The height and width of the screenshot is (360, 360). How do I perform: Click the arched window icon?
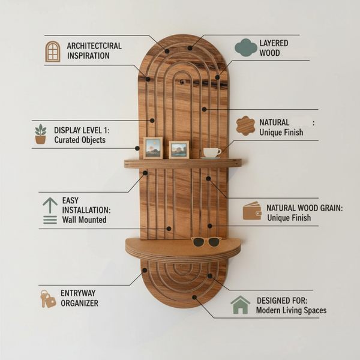(53, 52)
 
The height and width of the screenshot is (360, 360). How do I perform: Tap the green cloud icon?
(245, 47)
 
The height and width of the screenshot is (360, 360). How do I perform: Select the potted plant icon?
(40, 134)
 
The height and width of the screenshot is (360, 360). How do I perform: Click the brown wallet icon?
(252, 211)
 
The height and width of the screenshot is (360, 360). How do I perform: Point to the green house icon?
(240, 305)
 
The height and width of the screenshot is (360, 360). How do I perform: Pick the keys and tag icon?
(48, 299)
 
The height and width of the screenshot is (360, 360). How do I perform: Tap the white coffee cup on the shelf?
(212, 153)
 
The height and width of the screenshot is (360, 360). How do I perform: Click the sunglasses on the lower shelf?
(206, 242)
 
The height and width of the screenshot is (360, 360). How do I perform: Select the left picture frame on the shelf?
(153, 148)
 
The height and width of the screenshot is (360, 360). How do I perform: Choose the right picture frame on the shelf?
(179, 149)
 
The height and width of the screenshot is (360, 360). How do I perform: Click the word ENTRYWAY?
(78, 293)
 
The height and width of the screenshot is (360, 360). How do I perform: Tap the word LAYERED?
(274, 43)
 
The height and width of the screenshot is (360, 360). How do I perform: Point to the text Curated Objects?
(80, 140)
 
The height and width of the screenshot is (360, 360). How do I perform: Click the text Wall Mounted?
(84, 220)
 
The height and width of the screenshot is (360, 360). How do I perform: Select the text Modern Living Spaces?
(292, 310)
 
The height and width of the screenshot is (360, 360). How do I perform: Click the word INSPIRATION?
(88, 56)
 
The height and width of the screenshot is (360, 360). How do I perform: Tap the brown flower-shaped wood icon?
(245, 126)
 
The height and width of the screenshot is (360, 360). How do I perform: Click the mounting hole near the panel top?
(182, 82)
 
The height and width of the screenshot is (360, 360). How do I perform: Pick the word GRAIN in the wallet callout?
(332, 208)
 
